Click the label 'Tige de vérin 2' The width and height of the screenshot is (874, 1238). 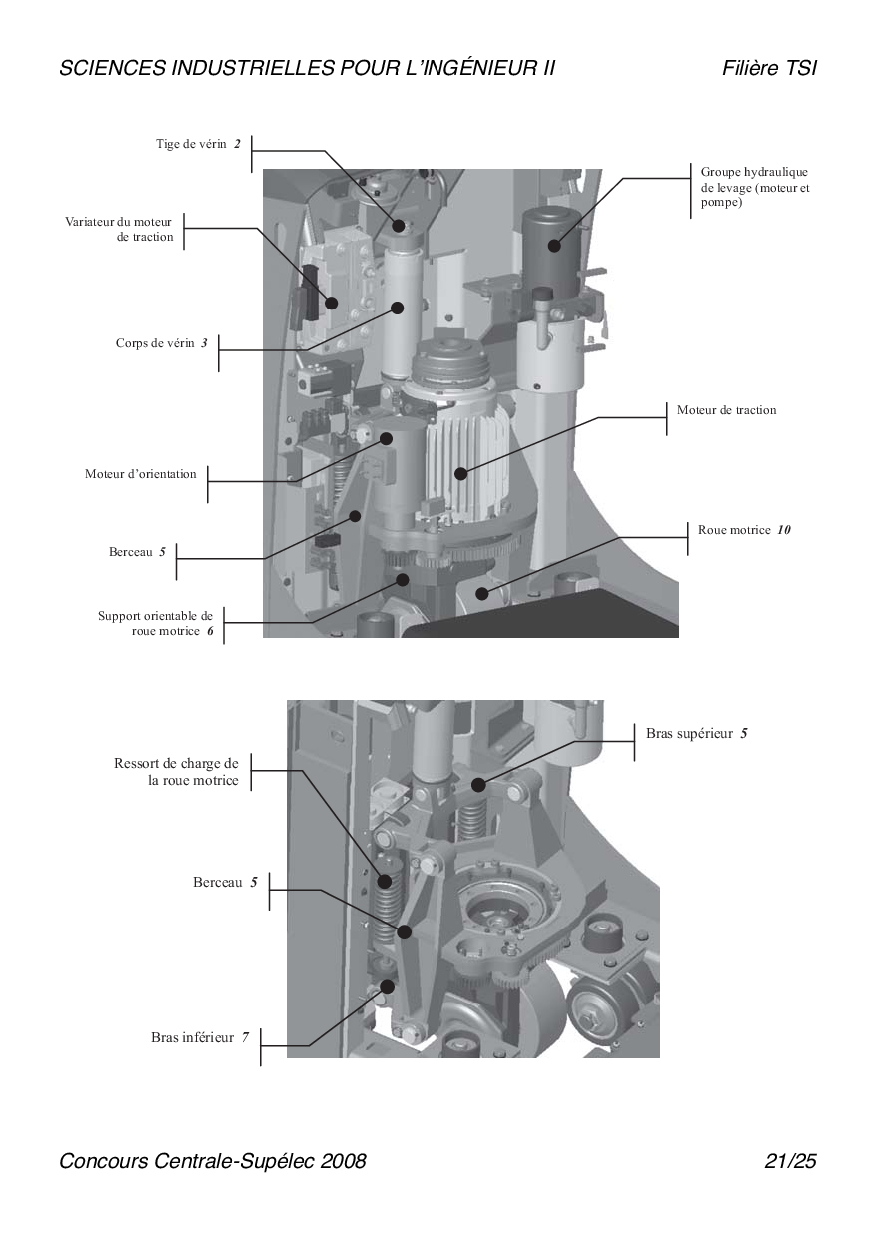click(x=198, y=144)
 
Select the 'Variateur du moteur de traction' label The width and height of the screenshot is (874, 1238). click(x=119, y=229)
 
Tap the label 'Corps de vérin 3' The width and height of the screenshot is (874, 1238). click(x=162, y=343)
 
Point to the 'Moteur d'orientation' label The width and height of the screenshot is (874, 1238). click(x=141, y=474)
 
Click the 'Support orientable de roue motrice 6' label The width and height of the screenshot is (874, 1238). click(x=156, y=623)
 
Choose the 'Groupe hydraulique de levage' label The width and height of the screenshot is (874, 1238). click(x=754, y=187)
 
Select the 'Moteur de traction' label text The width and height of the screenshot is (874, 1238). click(x=726, y=410)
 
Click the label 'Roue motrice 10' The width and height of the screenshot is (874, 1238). click(x=744, y=530)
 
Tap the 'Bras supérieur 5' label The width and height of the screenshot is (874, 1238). click(x=696, y=734)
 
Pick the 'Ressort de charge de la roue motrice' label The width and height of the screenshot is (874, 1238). click(x=177, y=772)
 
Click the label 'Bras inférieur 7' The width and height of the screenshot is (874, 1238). click(x=200, y=1038)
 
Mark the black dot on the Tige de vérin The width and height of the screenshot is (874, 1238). click(x=398, y=226)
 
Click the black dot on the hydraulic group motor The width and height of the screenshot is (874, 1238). click(x=554, y=246)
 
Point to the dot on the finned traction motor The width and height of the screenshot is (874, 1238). click(x=460, y=473)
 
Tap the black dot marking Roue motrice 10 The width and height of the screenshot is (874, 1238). click(x=482, y=594)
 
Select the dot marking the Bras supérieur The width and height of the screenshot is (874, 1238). click(x=478, y=785)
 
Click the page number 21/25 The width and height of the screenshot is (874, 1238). click(x=790, y=1161)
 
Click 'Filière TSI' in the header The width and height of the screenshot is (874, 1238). click(x=769, y=68)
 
